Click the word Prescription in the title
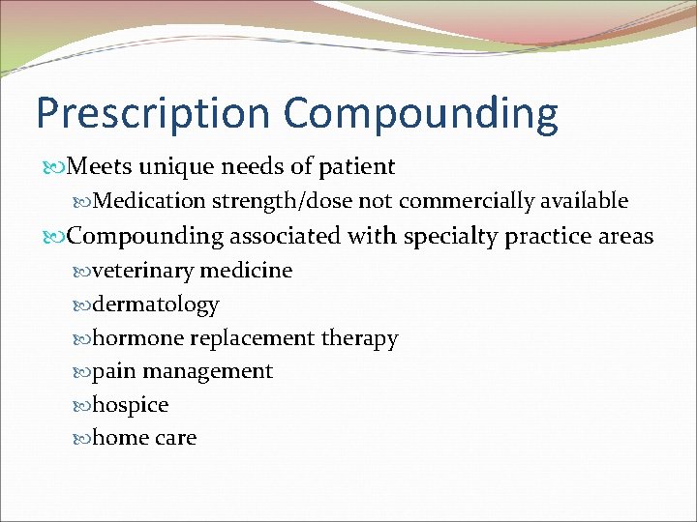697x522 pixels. pyautogui.click(x=154, y=114)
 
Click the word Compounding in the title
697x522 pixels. pyautogui.click(x=421, y=114)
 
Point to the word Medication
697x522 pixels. pyautogui.click(x=151, y=201)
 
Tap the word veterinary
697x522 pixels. pyautogui.click(x=145, y=271)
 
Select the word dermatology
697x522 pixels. pyautogui.click(x=156, y=304)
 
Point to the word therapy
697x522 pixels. pyautogui.click(x=359, y=338)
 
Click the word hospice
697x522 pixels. pyautogui.click(x=131, y=405)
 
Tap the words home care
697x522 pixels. pyautogui.click(x=144, y=438)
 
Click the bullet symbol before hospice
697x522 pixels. pyautogui.click(x=81, y=405)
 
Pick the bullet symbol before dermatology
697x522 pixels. pyautogui.click(x=81, y=304)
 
